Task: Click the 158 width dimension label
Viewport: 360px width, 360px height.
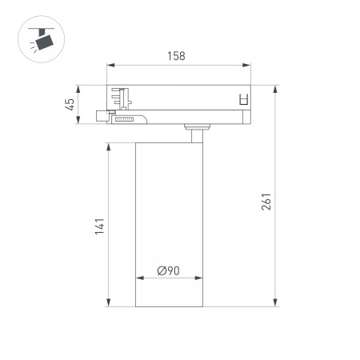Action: point(176,56)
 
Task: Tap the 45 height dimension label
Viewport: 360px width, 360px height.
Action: point(70,104)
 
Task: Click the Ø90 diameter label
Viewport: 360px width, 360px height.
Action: point(168,270)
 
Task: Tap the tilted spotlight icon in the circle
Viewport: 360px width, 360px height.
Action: point(40,37)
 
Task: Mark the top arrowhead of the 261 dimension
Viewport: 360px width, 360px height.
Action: point(276,87)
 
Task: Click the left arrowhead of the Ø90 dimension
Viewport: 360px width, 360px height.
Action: point(139,279)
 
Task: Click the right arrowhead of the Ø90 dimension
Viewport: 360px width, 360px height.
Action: point(203,279)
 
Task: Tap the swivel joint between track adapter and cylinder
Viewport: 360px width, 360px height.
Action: point(195,129)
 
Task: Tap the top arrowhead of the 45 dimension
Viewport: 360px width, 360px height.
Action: point(78,86)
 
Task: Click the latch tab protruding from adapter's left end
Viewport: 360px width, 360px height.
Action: point(102,116)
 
